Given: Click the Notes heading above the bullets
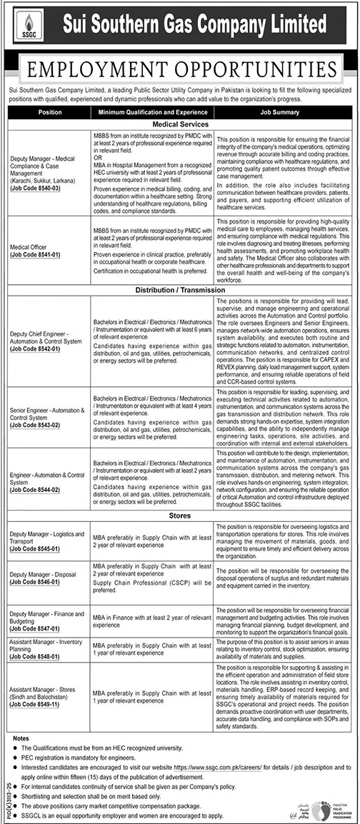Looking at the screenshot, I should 21,737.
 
